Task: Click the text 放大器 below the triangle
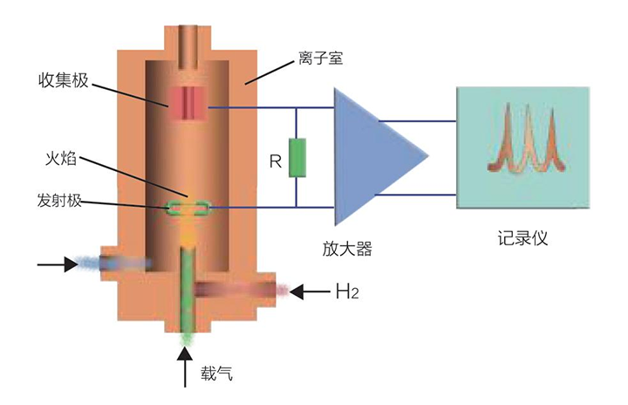coord(347,249)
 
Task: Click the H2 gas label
coord(347,291)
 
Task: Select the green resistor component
coord(297,158)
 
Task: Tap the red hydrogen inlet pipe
coord(235,289)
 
